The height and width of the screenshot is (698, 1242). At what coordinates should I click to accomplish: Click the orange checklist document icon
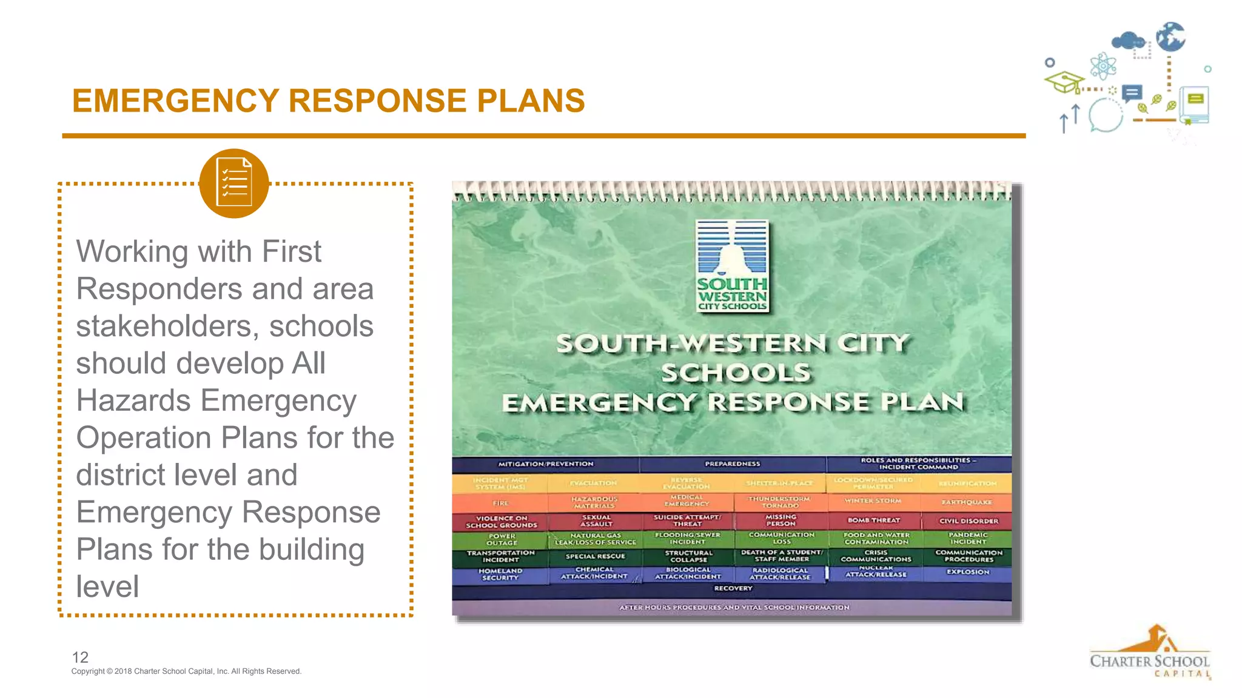[233, 184]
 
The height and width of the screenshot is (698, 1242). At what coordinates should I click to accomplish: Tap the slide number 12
[80, 657]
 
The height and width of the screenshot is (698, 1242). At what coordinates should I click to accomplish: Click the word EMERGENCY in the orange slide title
[175, 101]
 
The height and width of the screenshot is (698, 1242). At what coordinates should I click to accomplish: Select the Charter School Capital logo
[1150, 653]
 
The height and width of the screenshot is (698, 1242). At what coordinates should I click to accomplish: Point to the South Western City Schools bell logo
[733, 266]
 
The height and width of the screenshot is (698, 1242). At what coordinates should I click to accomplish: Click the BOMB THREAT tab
[874, 520]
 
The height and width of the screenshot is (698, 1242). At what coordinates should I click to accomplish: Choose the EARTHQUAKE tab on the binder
[967, 502]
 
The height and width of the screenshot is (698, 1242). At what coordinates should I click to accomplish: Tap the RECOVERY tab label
[733, 588]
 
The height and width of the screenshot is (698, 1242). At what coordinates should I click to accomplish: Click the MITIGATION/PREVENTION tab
[546, 464]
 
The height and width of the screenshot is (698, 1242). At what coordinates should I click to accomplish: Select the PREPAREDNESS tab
[732, 464]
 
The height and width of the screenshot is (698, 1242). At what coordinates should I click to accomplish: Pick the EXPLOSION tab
[968, 572]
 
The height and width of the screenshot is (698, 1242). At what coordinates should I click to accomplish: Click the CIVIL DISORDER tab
[968, 521]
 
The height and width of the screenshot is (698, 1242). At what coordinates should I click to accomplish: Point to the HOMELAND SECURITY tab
[500, 574]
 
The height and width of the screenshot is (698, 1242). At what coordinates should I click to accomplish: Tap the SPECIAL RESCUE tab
[595, 556]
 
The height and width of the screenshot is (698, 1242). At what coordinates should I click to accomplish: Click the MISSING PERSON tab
[780, 520]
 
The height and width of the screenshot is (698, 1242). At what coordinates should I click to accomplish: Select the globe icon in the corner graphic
[1170, 37]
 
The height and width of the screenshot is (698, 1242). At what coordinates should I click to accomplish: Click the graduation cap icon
[1064, 82]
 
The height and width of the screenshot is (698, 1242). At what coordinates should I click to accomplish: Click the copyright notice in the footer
[186, 671]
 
